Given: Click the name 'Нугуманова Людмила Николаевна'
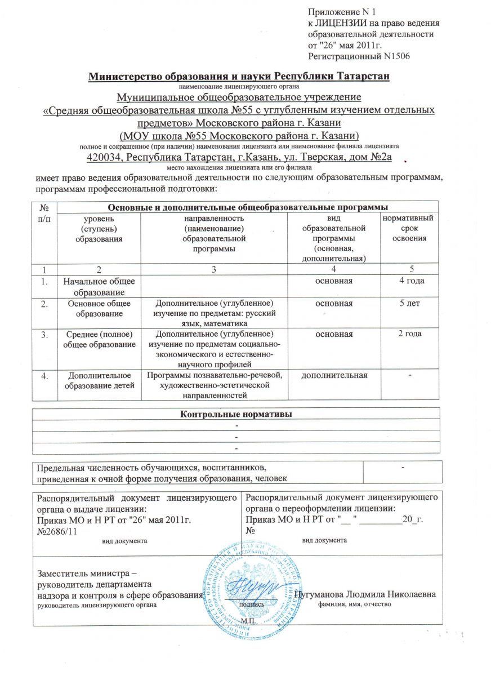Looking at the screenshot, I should [x=368, y=595].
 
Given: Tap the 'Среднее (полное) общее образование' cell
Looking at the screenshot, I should [x=101, y=339].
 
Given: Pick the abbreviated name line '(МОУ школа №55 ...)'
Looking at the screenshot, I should [x=239, y=136].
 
